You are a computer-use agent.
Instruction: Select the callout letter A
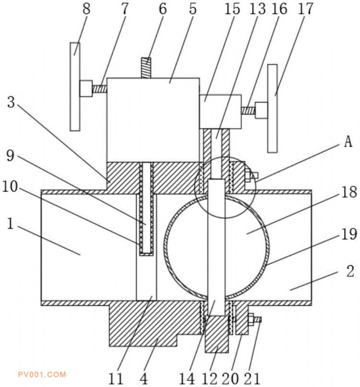348,142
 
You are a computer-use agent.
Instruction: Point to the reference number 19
349,234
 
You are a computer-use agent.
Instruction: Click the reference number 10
11,187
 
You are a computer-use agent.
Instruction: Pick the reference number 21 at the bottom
252,378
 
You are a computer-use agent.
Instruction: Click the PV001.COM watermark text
42,375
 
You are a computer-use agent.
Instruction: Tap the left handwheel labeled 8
75,86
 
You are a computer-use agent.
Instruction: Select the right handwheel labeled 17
273,109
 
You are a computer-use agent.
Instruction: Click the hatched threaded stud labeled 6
146,68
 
